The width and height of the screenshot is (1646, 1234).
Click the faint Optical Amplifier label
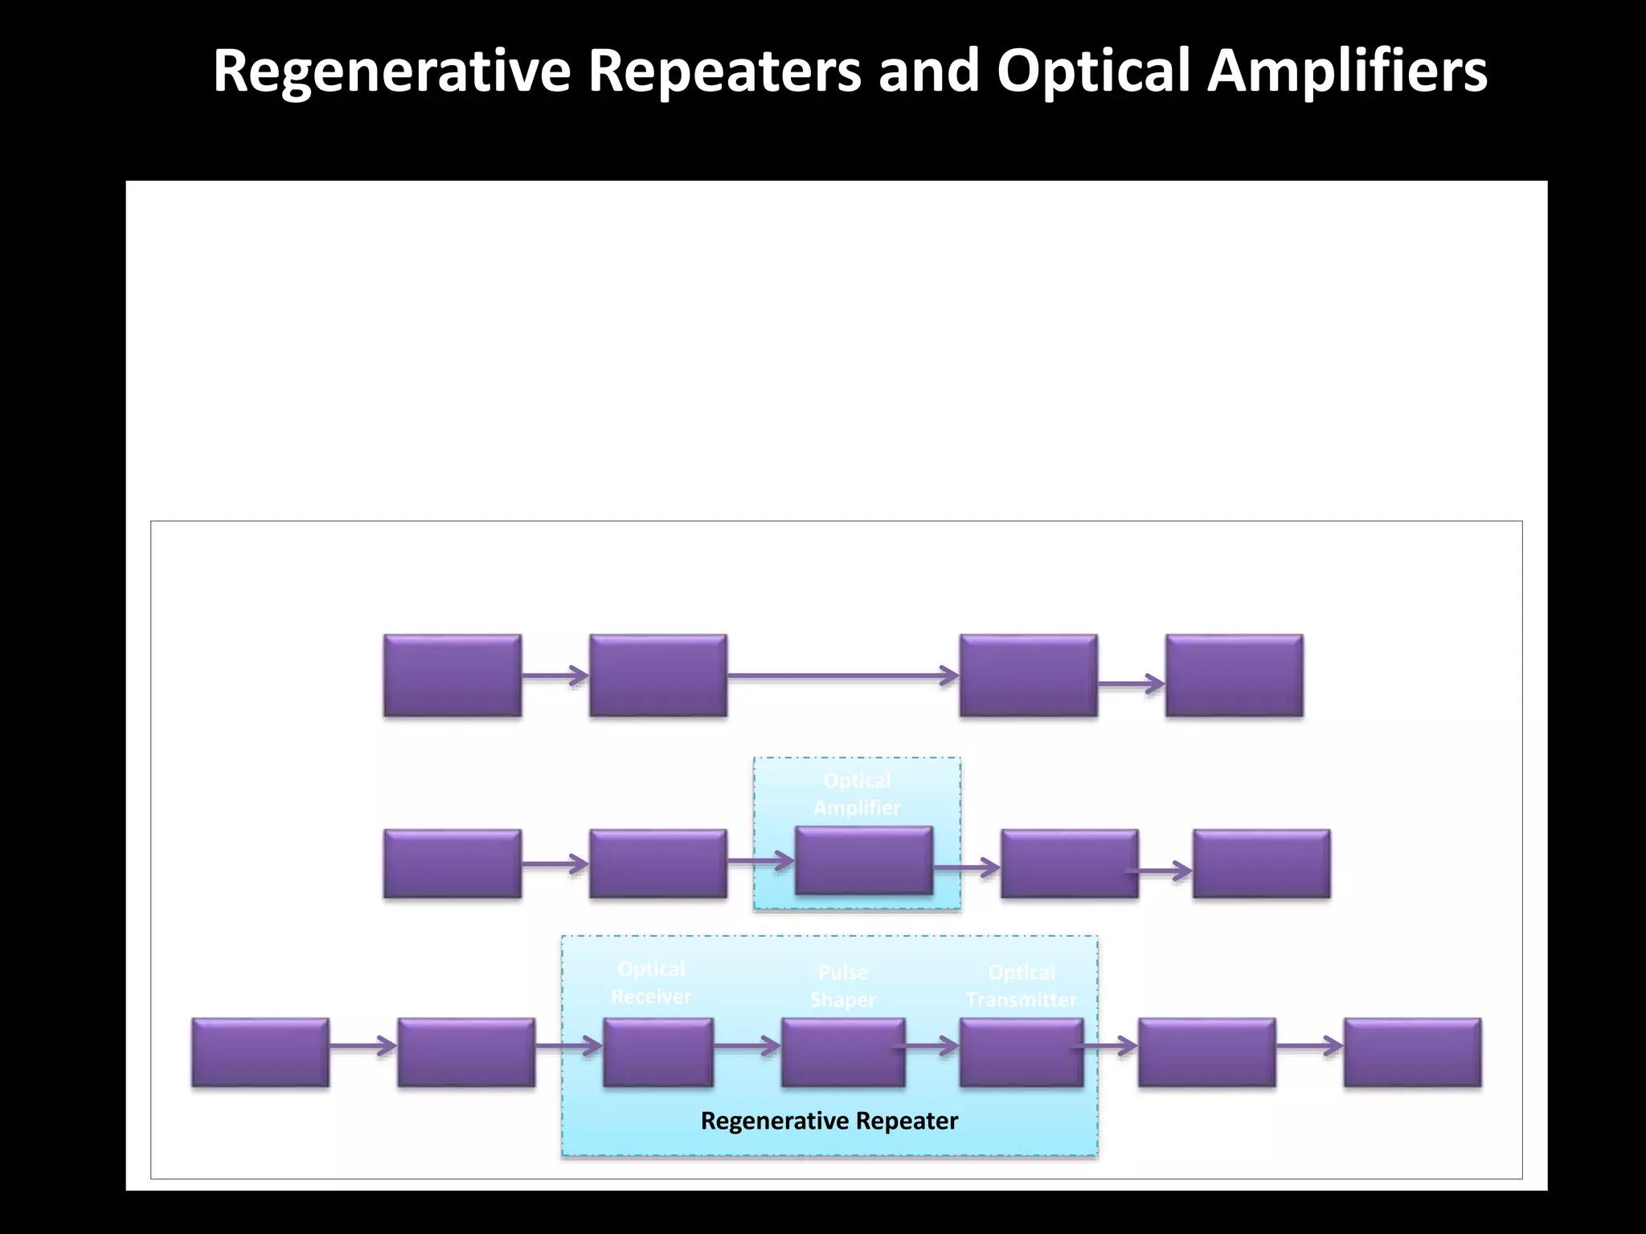point(857,794)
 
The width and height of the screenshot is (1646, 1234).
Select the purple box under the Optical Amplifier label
point(864,860)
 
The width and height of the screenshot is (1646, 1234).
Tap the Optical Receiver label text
point(651,983)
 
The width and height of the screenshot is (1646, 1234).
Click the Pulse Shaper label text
point(843,986)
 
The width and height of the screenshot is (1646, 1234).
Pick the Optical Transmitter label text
point(1022,986)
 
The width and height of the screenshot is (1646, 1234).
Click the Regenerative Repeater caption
point(829,1121)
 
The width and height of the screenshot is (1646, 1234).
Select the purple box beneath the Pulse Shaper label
point(843,1052)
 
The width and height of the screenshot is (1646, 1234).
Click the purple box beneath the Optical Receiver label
point(658,1052)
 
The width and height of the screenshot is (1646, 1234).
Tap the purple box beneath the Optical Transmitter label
point(1022,1052)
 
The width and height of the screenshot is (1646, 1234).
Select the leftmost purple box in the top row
point(452,676)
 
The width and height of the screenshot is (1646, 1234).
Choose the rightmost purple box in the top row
point(1234,676)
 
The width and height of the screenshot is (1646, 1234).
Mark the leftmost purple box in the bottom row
point(260,1052)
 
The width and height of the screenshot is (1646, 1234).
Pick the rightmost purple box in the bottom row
point(1412,1052)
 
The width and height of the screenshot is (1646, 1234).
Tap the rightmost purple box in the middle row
point(1261,864)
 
